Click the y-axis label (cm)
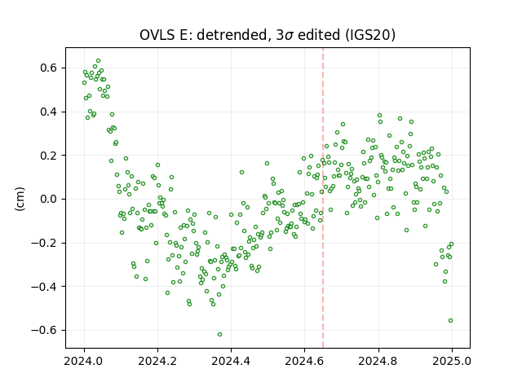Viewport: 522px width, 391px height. click(x=20, y=199)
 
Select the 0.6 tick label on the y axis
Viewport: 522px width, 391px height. click(x=49, y=68)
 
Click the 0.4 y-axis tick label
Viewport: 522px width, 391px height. click(x=49, y=112)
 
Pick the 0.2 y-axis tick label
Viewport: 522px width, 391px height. click(x=49, y=156)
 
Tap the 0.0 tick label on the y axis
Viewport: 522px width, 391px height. click(x=49, y=199)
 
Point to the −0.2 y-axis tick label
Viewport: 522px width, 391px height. click(x=44, y=243)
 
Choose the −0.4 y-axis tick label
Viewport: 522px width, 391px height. click(x=44, y=286)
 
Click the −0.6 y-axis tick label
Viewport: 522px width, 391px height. click(x=44, y=330)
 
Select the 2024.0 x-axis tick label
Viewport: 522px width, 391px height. click(x=84, y=361)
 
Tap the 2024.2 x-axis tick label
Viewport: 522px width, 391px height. click(x=157, y=361)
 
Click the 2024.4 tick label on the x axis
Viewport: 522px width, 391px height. click(x=231, y=361)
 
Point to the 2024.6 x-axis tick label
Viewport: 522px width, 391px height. click(x=304, y=361)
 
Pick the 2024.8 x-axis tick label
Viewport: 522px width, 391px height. click(x=378, y=361)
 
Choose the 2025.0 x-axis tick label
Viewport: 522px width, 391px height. click(x=452, y=361)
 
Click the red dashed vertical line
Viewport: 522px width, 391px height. click(x=323, y=198)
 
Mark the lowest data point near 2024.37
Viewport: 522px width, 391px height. click(x=219, y=334)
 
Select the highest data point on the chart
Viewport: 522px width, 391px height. click(x=98, y=61)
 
